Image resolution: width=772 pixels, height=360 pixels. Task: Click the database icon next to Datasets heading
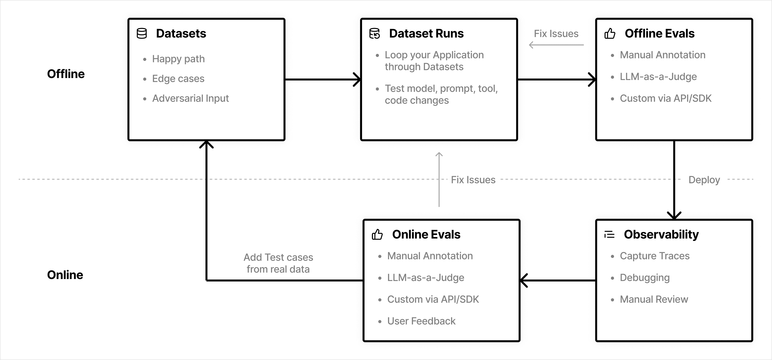pyautogui.click(x=142, y=34)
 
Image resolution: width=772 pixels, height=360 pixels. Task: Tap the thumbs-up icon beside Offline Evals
pyautogui.click(x=610, y=34)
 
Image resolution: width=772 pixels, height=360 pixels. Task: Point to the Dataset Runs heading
pyautogui.click(x=426, y=34)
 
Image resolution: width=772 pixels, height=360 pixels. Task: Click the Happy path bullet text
pyautogui.click(x=178, y=59)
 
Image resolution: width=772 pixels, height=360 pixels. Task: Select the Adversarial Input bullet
pyautogui.click(x=190, y=98)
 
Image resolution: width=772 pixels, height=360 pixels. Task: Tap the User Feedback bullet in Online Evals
pyautogui.click(x=421, y=321)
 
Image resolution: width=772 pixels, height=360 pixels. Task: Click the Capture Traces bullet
pyautogui.click(x=655, y=256)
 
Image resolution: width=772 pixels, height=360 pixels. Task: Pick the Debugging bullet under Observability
pyautogui.click(x=645, y=278)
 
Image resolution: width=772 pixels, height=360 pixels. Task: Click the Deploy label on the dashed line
pyautogui.click(x=704, y=180)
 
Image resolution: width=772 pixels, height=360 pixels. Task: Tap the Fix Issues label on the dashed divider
pyautogui.click(x=473, y=180)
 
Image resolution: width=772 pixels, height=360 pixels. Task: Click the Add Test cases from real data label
pyautogui.click(x=278, y=263)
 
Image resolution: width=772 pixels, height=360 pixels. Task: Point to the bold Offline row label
pyautogui.click(x=66, y=74)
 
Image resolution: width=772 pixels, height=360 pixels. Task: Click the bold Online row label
pyautogui.click(x=65, y=275)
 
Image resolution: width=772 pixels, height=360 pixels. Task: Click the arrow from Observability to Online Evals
pyautogui.click(x=557, y=281)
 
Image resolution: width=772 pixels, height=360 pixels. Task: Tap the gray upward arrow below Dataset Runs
pyautogui.click(x=439, y=180)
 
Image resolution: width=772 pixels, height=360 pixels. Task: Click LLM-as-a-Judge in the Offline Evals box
pyautogui.click(x=658, y=77)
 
